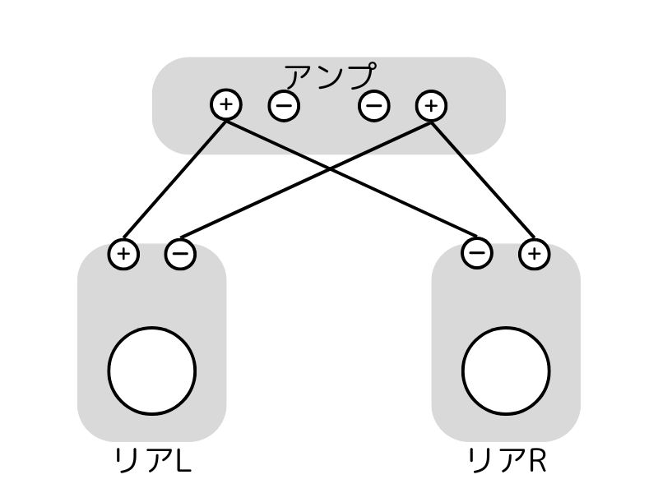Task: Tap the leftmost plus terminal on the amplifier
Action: (226, 104)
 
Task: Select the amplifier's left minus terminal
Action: (284, 105)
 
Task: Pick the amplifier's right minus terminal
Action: (373, 105)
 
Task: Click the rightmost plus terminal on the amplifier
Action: (431, 104)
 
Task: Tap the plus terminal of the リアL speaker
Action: (123, 253)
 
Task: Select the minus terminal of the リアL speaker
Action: (180, 253)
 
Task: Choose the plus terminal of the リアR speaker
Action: (534, 253)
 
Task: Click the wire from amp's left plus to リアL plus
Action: (174, 179)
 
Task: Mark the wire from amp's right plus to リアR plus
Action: (483, 179)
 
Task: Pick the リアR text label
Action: (507, 461)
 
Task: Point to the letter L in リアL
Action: (183, 462)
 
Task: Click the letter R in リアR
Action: (535, 462)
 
